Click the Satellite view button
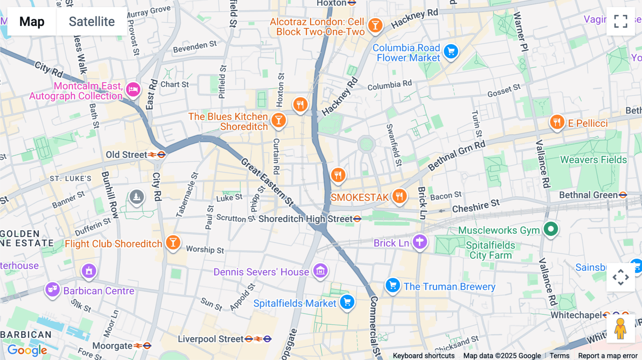(92, 22)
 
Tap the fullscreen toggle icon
(621, 21)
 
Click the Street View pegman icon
(620, 329)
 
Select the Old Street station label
(127, 155)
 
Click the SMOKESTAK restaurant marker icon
(399, 196)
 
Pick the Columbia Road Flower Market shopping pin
(451, 52)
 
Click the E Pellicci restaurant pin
(557, 122)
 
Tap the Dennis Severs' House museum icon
(320, 271)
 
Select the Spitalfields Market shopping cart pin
(347, 302)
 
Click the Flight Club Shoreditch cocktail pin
(173, 242)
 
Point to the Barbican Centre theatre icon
(52, 289)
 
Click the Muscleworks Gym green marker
(551, 229)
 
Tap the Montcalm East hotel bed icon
(133, 89)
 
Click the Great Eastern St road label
(267, 182)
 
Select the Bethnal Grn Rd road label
(457, 155)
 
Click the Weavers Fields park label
(593, 160)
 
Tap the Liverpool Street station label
(210, 339)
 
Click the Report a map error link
(607, 355)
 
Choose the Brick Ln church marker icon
(420, 242)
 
